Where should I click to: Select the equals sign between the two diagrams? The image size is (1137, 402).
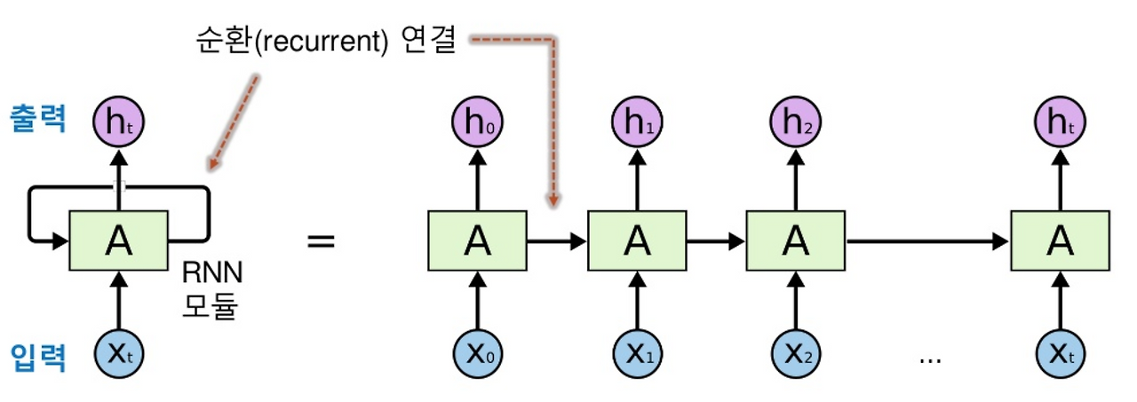tap(322, 240)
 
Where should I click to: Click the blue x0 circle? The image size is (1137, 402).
tap(478, 356)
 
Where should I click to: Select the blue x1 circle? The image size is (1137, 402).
tap(636, 356)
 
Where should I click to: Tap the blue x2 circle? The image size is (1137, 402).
tap(794, 356)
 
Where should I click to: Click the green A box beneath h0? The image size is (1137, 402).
tap(478, 240)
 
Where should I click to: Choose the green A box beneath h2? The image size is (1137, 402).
tap(794, 240)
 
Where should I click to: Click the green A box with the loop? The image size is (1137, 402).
tap(118, 240)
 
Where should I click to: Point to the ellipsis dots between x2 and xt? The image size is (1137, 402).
tap(929, 359)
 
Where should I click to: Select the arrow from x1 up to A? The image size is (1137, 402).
tap(636, 302)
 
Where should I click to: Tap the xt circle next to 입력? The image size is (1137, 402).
tap(118, 356)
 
